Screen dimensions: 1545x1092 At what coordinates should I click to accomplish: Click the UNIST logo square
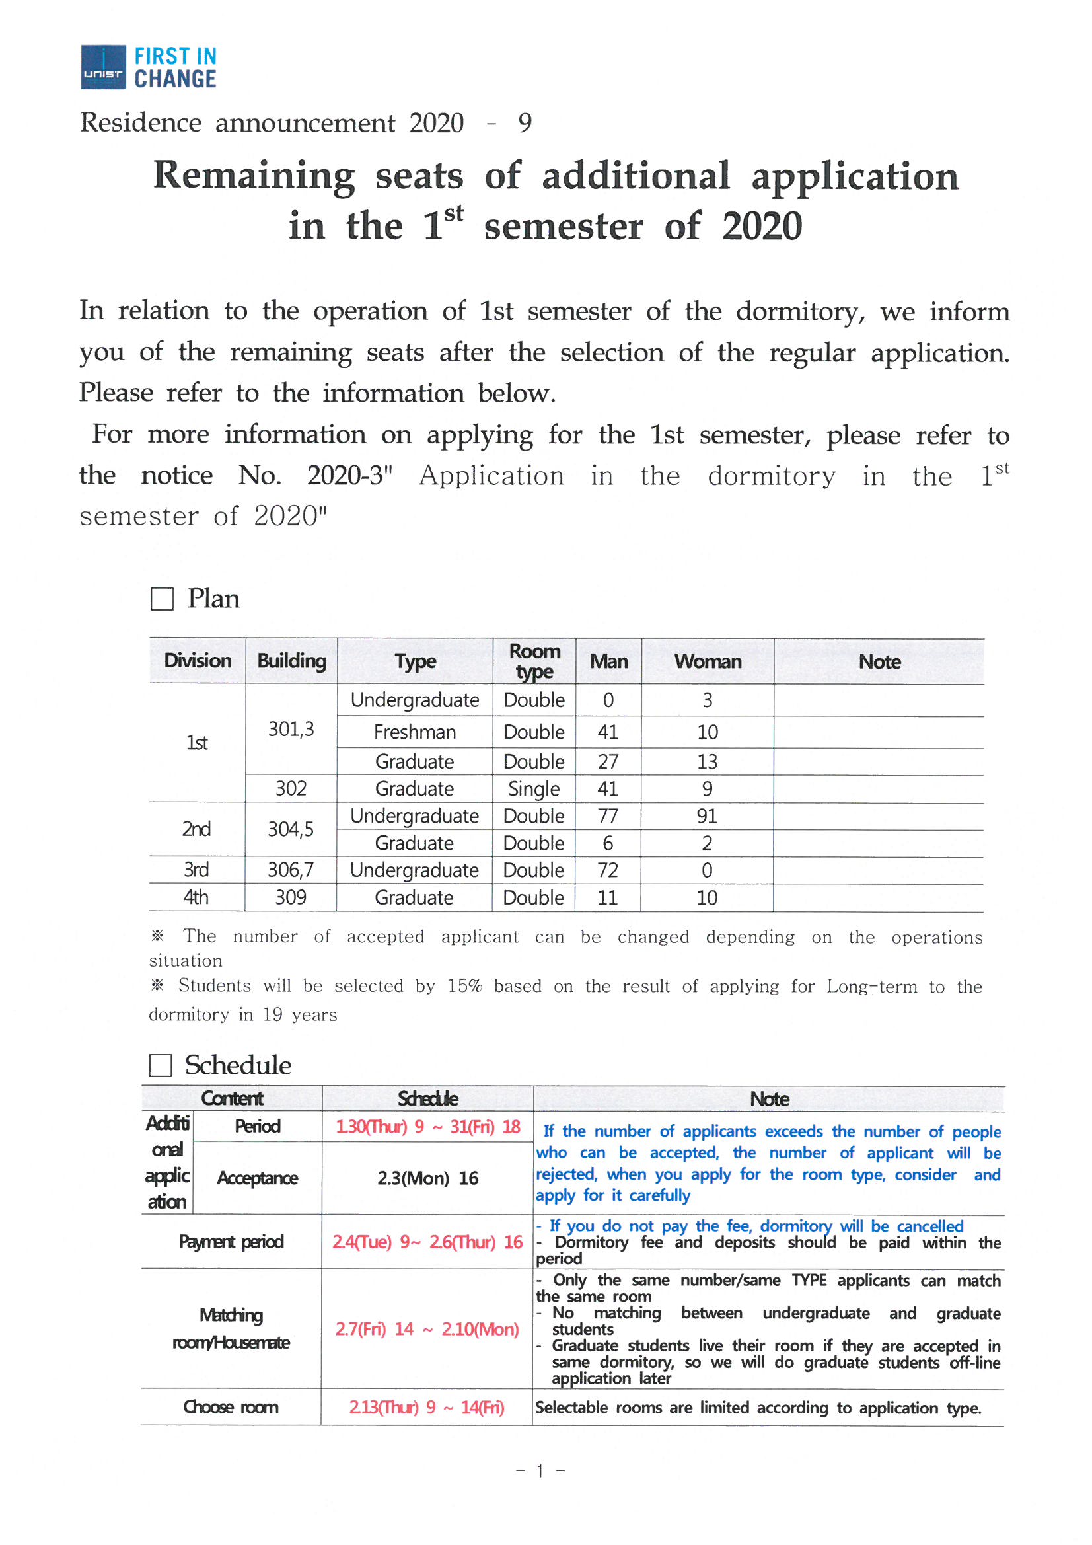click(103, 67)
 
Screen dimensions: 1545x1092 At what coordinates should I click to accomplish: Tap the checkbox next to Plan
click(161, 598)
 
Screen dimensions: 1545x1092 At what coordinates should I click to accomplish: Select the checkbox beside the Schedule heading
click(160, 1065)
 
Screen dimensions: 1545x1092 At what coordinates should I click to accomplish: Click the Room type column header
click(534, 661)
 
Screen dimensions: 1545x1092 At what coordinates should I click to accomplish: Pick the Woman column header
click(707, 661)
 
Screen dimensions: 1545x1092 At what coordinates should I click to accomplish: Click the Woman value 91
click(706, 815)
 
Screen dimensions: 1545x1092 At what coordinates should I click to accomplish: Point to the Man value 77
click(608, 815)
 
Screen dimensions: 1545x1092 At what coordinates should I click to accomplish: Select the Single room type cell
click(534, 788)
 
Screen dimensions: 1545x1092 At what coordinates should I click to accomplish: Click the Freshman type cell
click(414, 732)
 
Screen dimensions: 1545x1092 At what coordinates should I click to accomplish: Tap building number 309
click(291, 897)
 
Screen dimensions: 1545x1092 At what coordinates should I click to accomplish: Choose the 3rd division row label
click(196, 870)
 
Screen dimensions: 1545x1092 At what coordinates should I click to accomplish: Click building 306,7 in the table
click(291, 870)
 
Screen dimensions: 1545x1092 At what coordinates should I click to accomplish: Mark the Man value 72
click(608, 870)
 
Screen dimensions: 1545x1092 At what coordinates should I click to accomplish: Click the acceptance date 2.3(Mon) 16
click(427, 1178)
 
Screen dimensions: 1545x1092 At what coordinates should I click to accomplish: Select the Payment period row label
click(231, 1241)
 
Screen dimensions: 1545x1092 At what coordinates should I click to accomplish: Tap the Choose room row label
click(230, 1406)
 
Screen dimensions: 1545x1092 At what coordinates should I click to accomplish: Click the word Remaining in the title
click(254, 176)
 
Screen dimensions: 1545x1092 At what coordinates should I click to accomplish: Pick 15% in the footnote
click(465, 986)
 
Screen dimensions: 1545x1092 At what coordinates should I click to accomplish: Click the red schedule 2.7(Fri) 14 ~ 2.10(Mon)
click(427, 1328)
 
